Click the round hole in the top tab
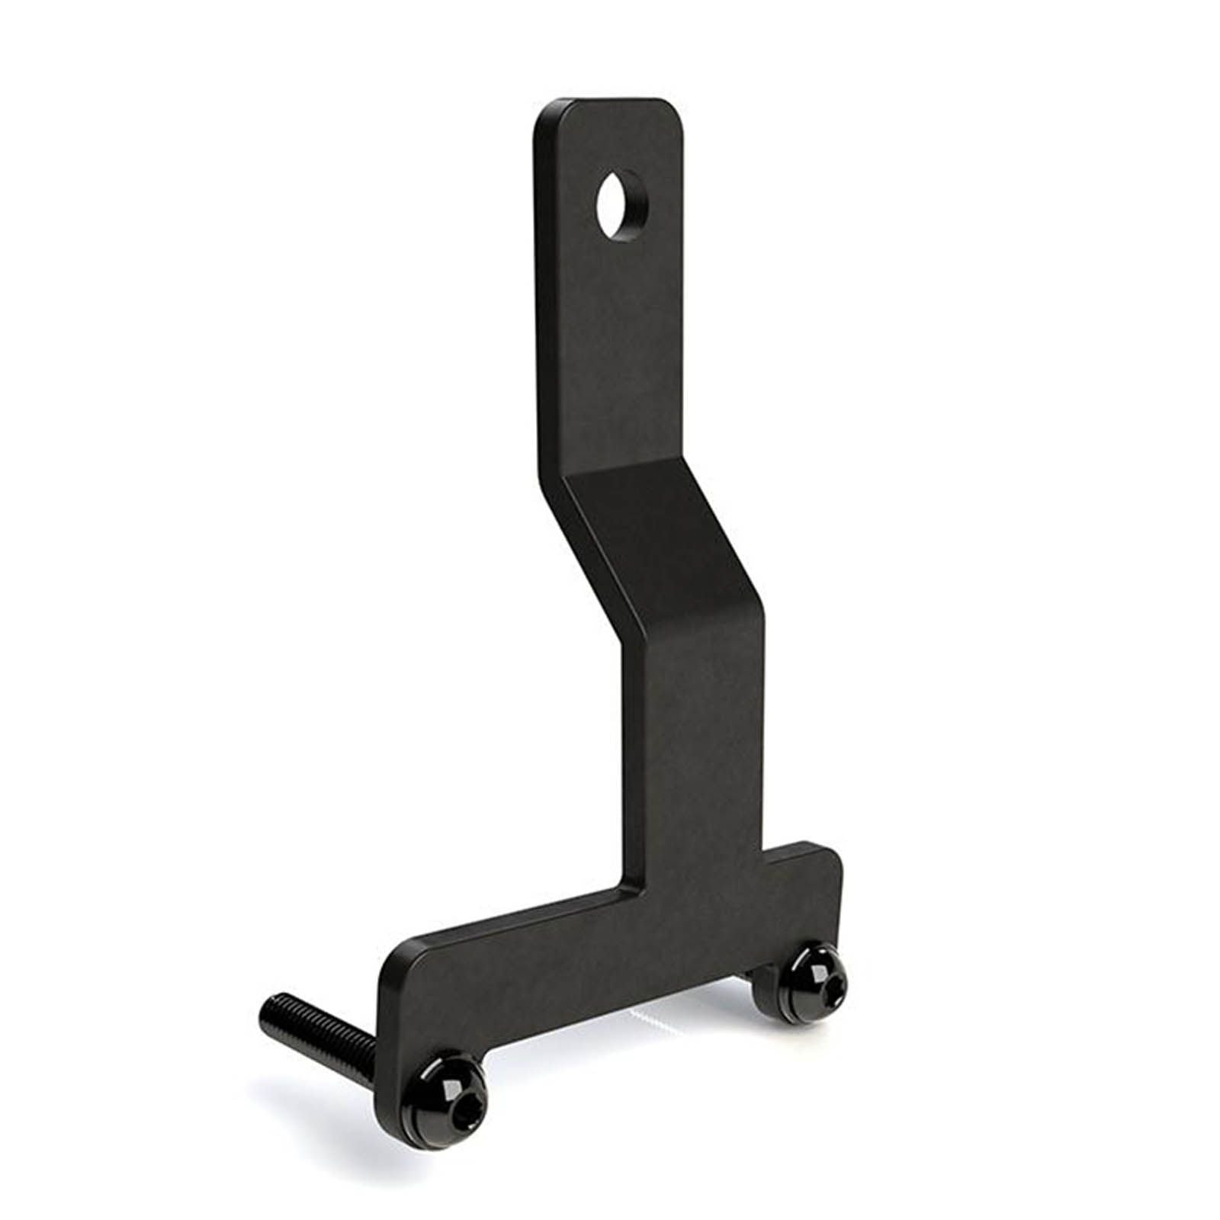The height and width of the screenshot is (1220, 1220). click(x=621, y=195)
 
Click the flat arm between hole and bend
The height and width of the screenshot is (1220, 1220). click(x=610, y=343)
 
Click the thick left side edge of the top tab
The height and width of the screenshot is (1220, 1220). click(x=538, y=305)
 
